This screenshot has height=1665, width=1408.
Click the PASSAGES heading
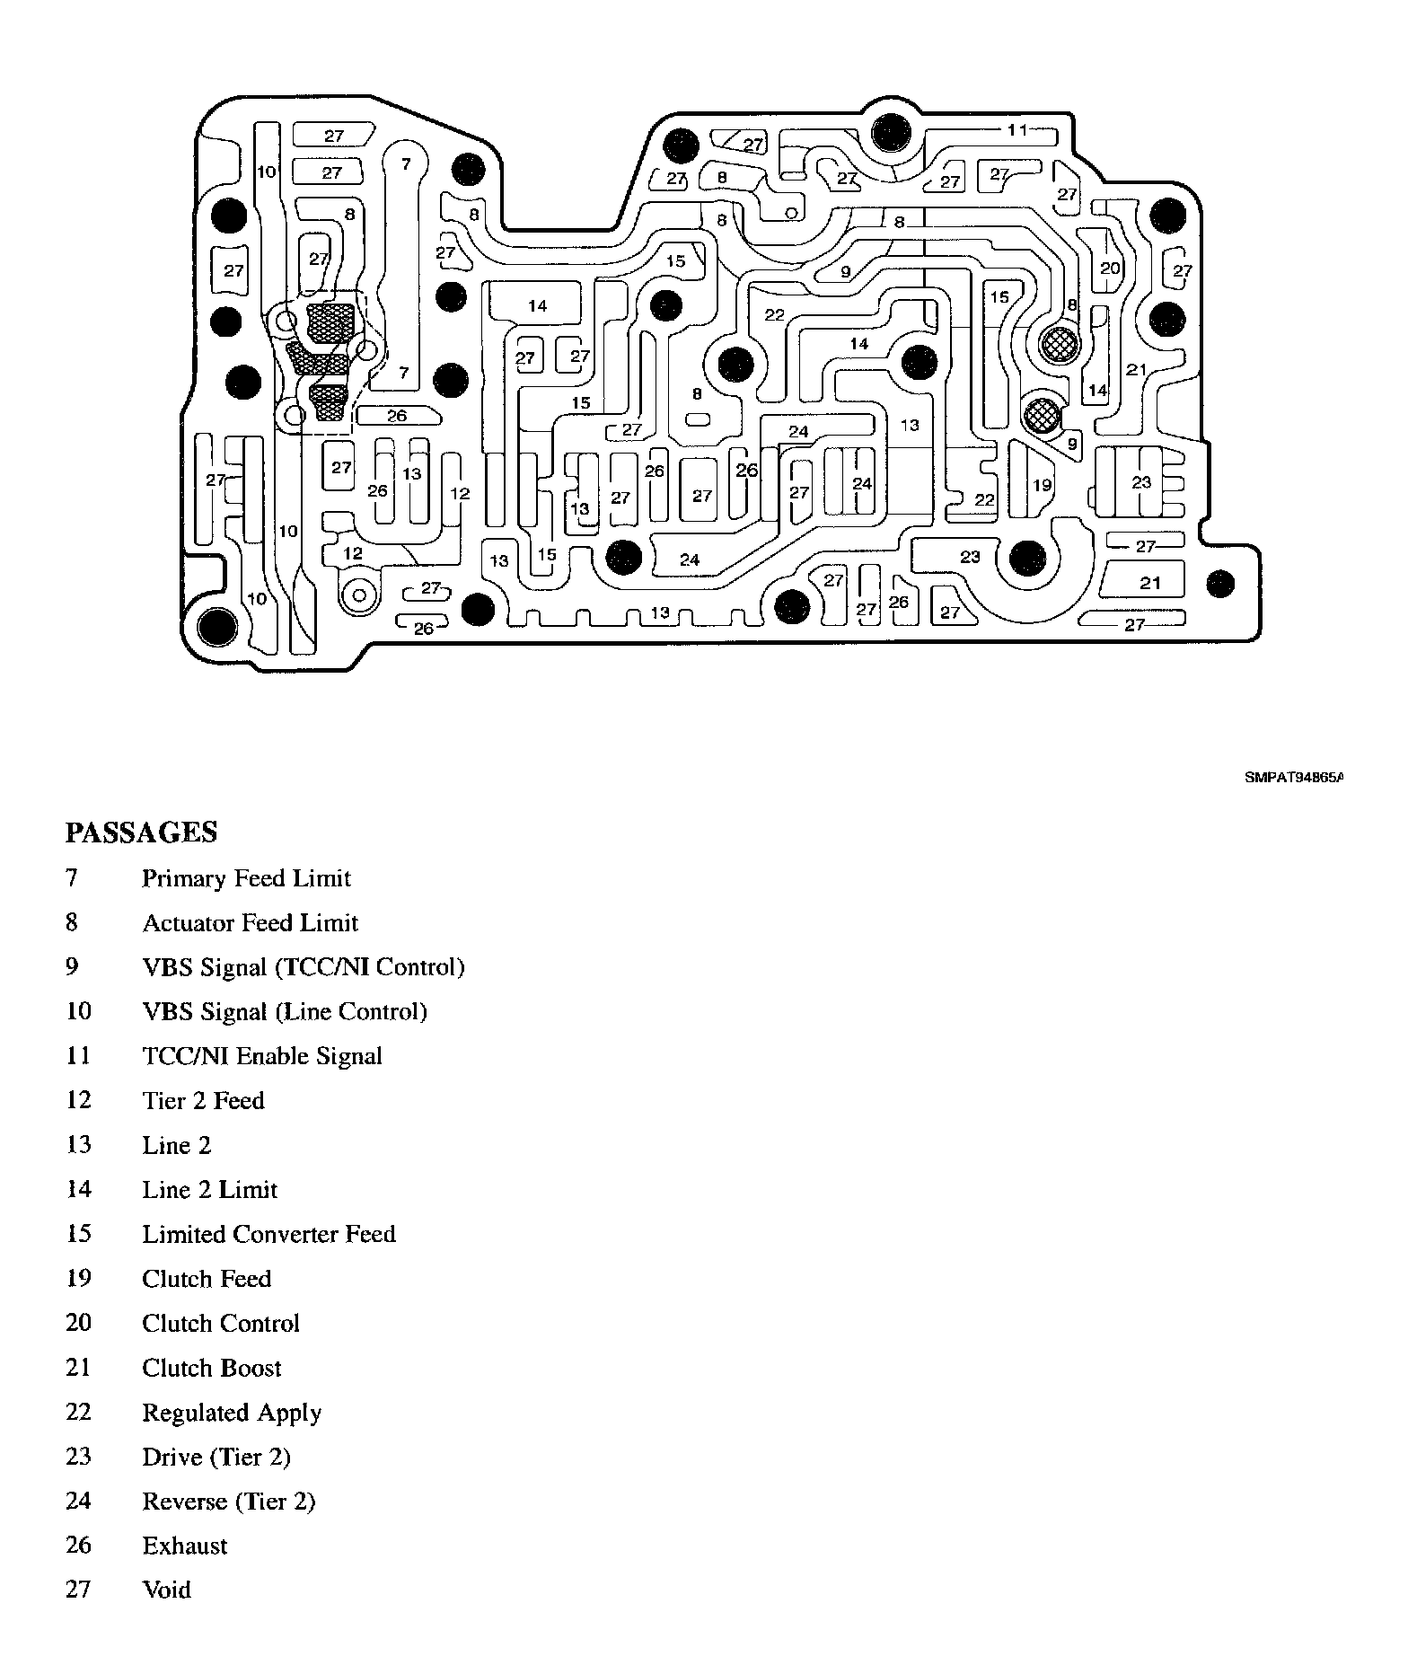[x=141, y=832]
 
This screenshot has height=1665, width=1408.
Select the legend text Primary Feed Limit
[x=246, y=878]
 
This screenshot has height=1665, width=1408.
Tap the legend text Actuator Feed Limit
[x=250, y=923]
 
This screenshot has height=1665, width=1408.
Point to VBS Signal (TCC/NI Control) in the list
[x=304, y=967]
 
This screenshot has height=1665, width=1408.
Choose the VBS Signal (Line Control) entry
[x=285, y=1012]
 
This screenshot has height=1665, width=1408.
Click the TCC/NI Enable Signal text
[x=262, y=1056]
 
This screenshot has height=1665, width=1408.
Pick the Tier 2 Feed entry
[x=203, y=1101]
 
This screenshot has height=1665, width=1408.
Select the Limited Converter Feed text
[x=268, y=1234]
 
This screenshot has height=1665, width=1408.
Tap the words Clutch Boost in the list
[x=212, y=1368]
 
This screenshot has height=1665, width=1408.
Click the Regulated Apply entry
[x=232, y=1413]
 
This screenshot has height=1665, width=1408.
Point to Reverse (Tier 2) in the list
[x=229, y=1502]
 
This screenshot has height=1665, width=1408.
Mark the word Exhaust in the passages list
[x=185, y=1546]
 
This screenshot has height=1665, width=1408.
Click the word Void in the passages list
[x=167, y=1590]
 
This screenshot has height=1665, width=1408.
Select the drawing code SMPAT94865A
[x=1293, y=779]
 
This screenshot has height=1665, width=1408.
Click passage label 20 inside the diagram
[x=1110, y=269]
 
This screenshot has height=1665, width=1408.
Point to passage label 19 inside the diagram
[x=1042, y=486]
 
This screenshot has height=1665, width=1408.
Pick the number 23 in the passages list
[x=79, y=1457]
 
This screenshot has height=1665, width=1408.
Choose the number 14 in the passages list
[x=79, y=1190]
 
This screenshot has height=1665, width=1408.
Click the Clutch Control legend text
[x=221, y=1324]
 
